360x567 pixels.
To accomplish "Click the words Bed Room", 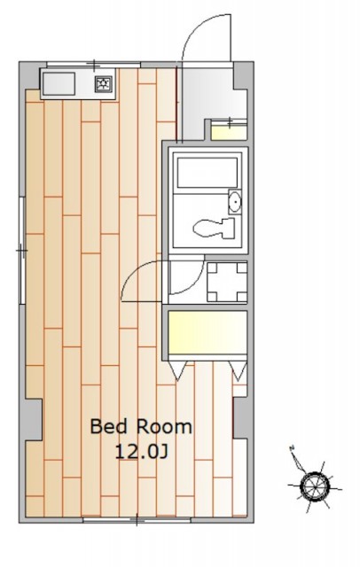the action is [x=141, y=427].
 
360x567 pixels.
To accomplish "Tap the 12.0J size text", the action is [x=142, y=452].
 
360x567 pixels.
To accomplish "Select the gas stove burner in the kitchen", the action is [x=104, y=84].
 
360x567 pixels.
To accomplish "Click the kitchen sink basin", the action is [x=59, y=84].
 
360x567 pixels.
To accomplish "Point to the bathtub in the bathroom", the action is [x=207, y=173].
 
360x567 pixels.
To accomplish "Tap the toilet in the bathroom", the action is [x=213, y=228].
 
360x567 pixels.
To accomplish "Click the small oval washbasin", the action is [x=235, y=201].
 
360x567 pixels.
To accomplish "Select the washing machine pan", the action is [x=227, y=282].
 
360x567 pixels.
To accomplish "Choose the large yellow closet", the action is [x=207, y=332].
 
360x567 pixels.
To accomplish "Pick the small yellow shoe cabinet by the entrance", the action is [x=229, y=131].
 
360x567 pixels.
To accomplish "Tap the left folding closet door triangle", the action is [x=178, y=369].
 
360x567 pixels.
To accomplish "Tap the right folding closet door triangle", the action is [x=238, y=369].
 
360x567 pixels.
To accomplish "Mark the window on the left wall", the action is [x=22, y=250].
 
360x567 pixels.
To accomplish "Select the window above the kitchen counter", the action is [x=94, y=65].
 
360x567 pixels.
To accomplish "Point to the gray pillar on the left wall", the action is [x=34, y=419].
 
